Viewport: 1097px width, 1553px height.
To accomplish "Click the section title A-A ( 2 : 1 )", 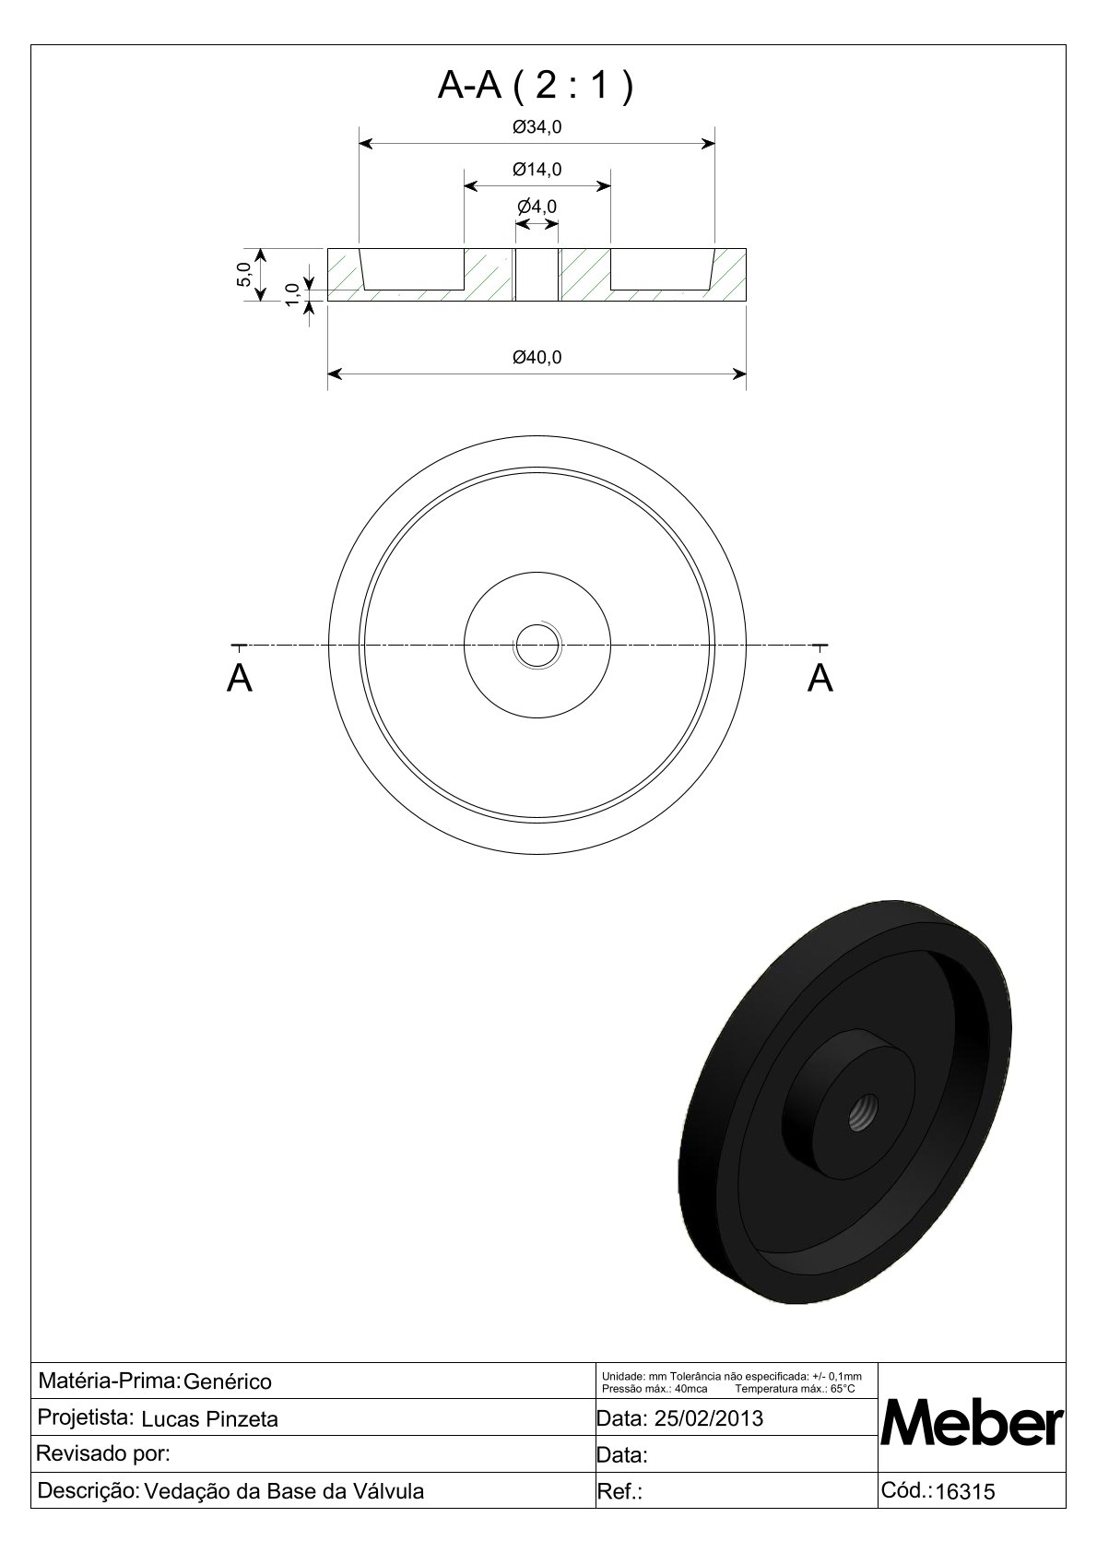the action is pos(535,87).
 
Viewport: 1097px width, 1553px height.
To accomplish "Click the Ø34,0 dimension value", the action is pos(537,127).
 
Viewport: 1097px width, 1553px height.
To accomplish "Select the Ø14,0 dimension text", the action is pos(537,169).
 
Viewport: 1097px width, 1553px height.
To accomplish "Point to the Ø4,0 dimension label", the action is pos(537,207).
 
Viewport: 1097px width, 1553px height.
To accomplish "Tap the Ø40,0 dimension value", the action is pos(537,357).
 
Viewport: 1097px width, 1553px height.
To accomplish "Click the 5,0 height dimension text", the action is pos(243,275).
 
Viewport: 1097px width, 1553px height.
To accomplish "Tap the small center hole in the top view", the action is pos(537,645).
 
